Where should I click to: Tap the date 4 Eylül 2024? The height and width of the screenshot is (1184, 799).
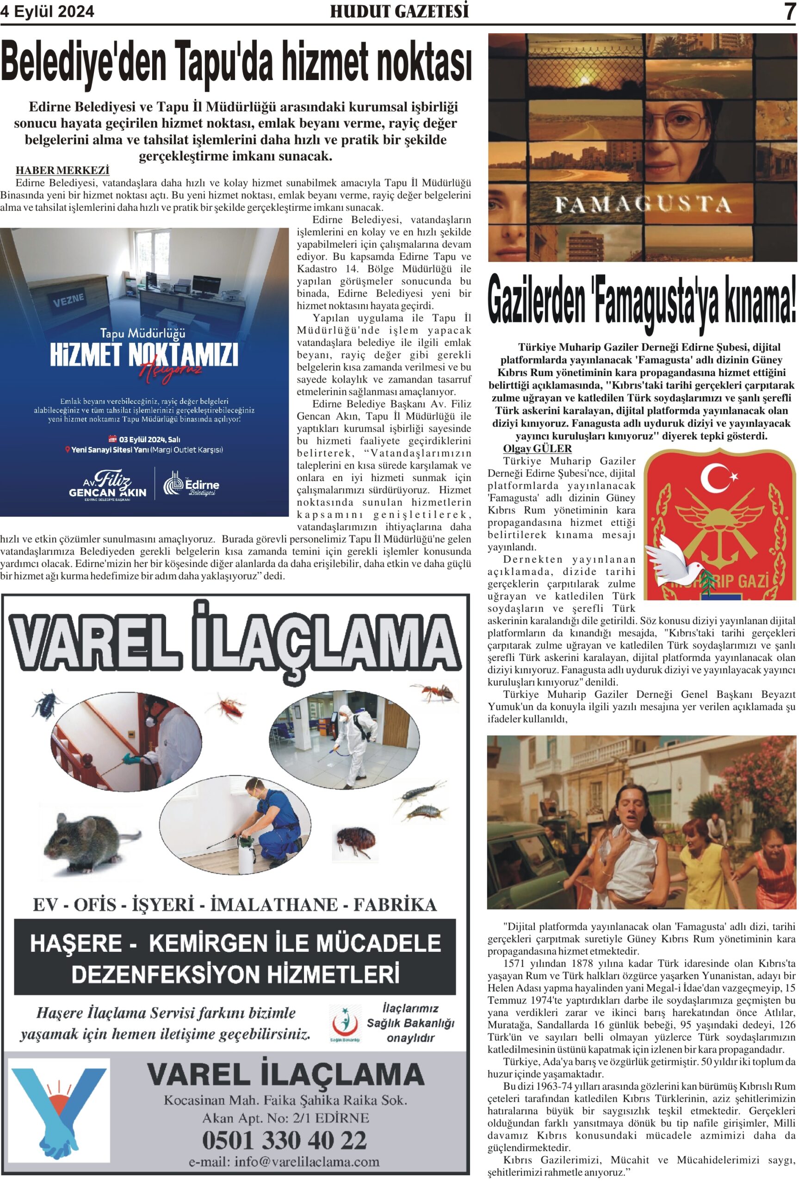pyautogui.click(x=47, y=11)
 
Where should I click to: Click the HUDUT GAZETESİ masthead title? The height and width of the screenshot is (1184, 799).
pyautogui.click(x=399, y=11)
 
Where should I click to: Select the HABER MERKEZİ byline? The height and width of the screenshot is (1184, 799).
pyautogui.click(x=62, y=170)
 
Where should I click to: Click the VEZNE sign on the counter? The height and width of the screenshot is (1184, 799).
pyautogui.click(x=68, y=299)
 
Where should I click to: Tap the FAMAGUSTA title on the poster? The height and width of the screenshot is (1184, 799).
pyautogui.click(x=642, y=204)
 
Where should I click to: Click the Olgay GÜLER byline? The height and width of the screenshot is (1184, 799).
pyautogui.click(x=537, y=449)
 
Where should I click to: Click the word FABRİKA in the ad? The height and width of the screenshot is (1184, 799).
pyautogui.click(x=395, y=905)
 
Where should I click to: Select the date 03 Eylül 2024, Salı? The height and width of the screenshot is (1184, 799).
pyautogui.click(x=145, y=439)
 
